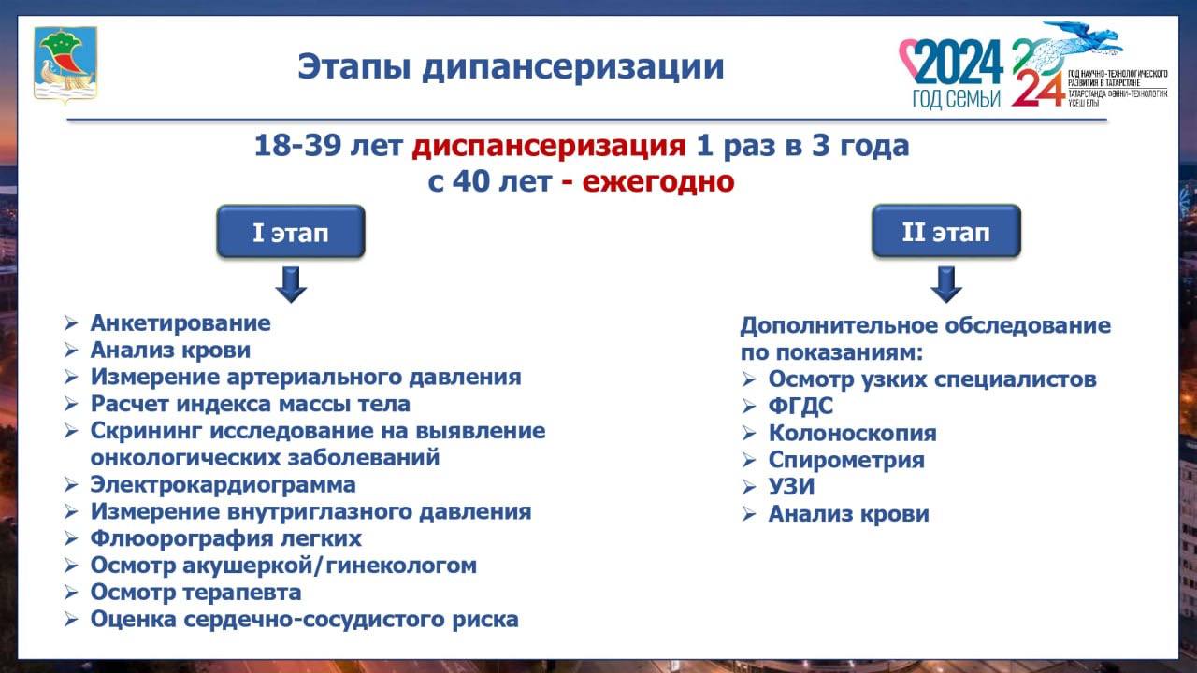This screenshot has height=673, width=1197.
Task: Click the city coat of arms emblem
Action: [65, 64]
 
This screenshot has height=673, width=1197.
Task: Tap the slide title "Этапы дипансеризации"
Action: [511, 66]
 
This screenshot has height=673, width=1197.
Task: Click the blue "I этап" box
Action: [291, 231]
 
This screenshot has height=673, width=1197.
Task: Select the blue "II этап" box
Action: [945, 231]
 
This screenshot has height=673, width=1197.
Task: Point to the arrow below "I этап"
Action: [291, 284]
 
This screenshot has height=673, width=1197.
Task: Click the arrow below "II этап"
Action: [945, 284]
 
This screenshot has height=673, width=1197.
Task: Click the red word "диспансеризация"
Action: [548, 147]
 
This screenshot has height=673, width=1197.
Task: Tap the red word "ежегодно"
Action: [657, 181]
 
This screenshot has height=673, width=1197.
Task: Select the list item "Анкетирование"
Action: [180, 323]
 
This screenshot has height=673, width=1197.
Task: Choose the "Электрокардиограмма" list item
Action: [223, 485]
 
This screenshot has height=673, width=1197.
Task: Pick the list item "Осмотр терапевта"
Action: [195, 593]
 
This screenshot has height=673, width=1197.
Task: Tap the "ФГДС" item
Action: [800, 407]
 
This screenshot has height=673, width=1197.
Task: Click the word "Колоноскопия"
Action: [852, 433]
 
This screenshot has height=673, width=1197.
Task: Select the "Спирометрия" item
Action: [846, 460]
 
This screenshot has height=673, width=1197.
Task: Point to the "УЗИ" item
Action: [791, 487]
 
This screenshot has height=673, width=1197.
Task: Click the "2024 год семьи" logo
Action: [951, 73]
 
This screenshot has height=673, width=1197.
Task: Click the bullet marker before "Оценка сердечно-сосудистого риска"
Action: [71, 620]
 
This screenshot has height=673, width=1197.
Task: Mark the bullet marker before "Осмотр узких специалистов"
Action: [749, 379]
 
